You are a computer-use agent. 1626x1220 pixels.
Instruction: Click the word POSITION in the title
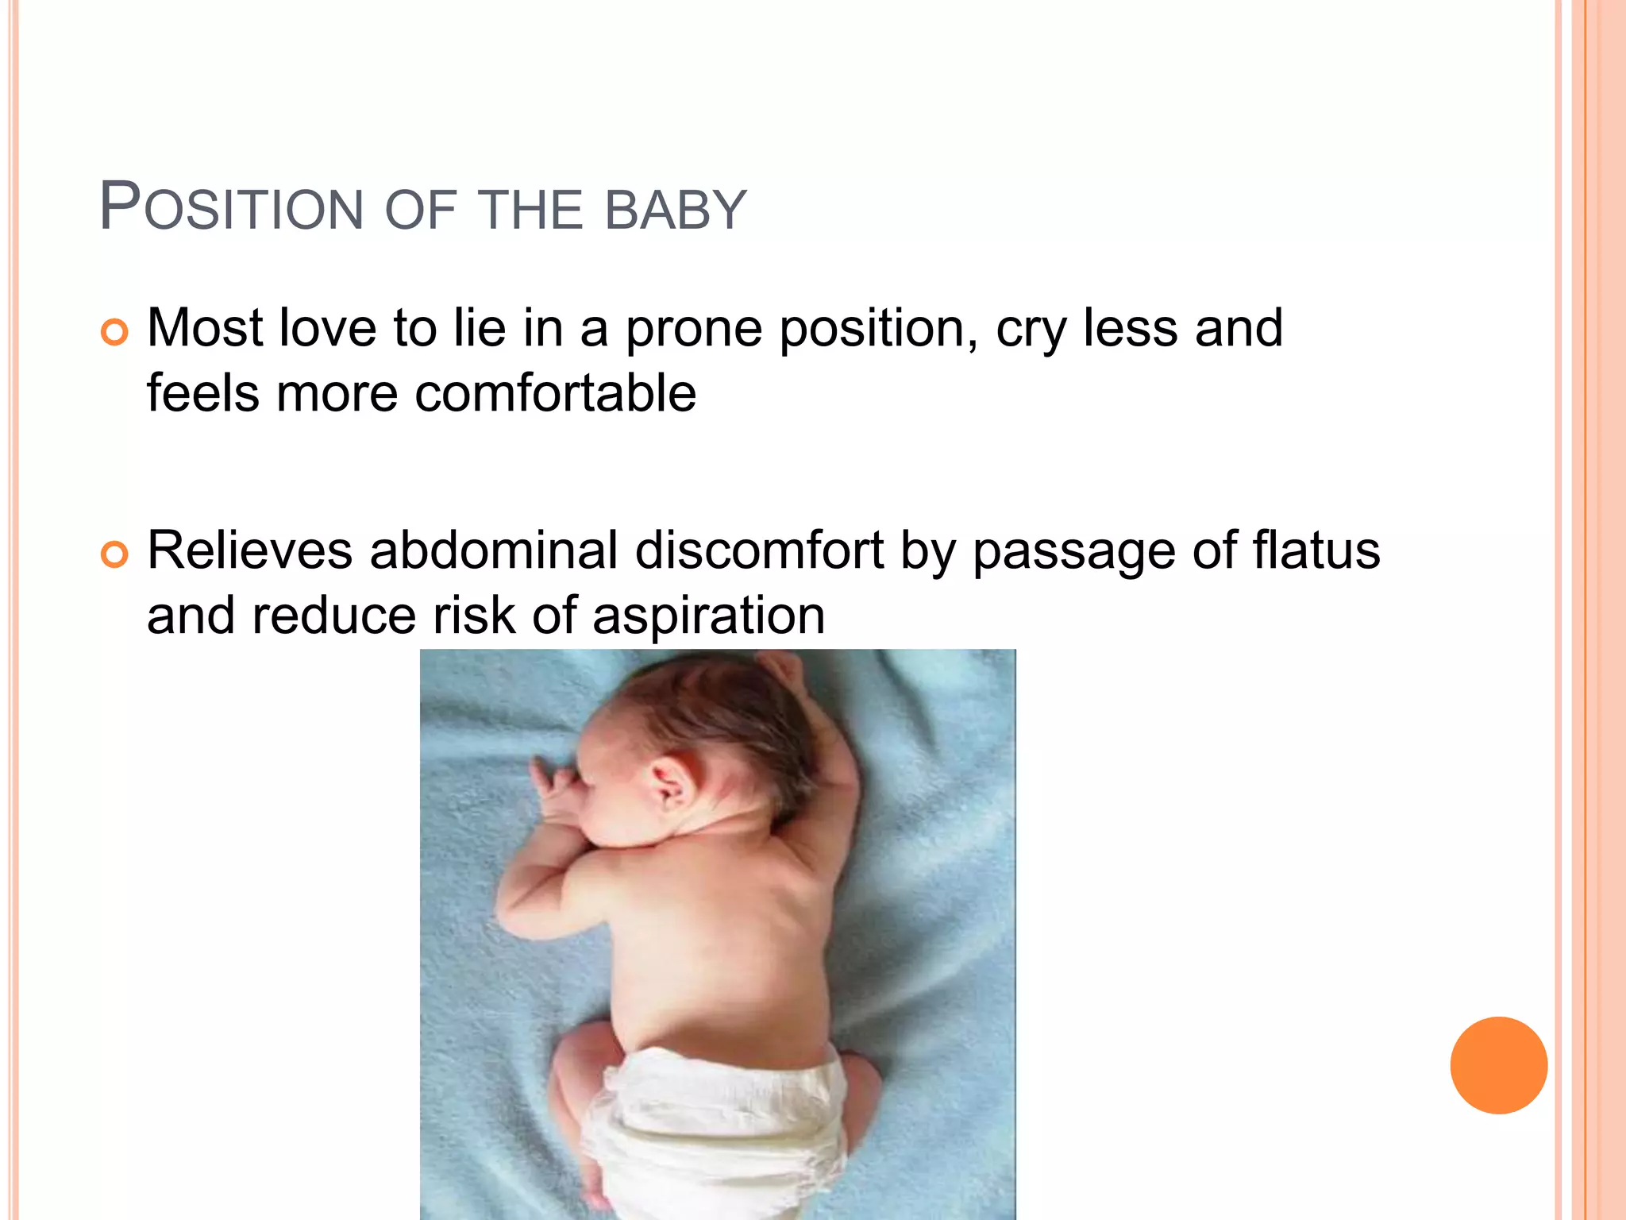click(x=231, y=209)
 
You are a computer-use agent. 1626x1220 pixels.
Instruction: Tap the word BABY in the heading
click(x=676, y=210)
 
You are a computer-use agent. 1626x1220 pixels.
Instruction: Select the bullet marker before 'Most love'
click(x=114, y=332)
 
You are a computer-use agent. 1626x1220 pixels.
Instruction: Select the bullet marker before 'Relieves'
click(x=114, y=554)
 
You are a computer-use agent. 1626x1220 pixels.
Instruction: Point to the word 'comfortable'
click(x=555, y=393)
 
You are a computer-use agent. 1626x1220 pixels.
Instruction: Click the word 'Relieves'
click(x=249, y=550)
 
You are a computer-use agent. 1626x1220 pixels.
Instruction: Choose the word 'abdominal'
click(x=494, y=550)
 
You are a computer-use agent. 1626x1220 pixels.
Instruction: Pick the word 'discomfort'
click(x=759, y=550)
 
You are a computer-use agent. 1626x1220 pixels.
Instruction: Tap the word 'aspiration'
click(x=708, y=616)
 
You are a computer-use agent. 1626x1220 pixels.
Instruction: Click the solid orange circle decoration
click(x=1498, y=1065)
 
